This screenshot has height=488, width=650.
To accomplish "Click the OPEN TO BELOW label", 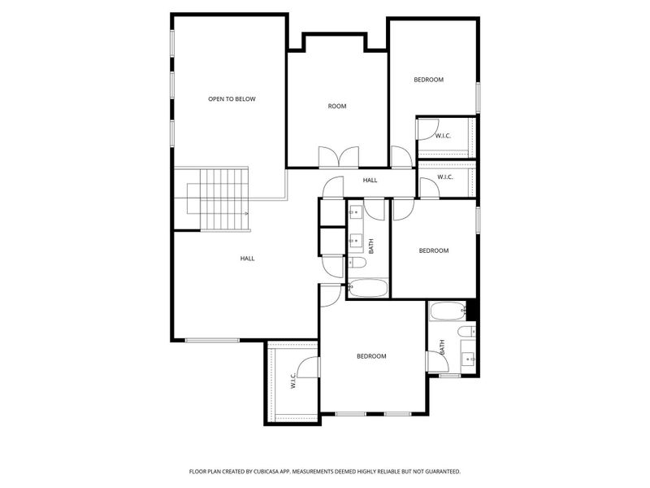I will click(232, 99).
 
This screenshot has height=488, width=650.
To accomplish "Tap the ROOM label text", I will click(337, 107).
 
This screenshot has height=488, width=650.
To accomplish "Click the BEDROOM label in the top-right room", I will click(428, 80).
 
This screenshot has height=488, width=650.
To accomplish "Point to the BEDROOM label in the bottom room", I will click(371, 356).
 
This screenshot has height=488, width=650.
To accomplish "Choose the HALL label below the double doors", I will click(370, 181).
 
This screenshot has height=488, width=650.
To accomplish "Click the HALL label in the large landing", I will click(247, 259).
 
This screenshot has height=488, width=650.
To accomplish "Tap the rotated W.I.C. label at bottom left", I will click(292, 381).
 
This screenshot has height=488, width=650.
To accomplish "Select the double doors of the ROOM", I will click(337, 158).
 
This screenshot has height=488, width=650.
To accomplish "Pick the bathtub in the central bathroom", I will click(369, 288).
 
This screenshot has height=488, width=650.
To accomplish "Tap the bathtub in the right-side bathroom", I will click(447, 311).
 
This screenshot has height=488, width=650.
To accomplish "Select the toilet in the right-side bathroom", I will click(467, 331).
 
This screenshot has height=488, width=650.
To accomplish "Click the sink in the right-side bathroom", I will click(469, 358).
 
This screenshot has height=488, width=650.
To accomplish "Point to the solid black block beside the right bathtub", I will click(471, 310).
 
